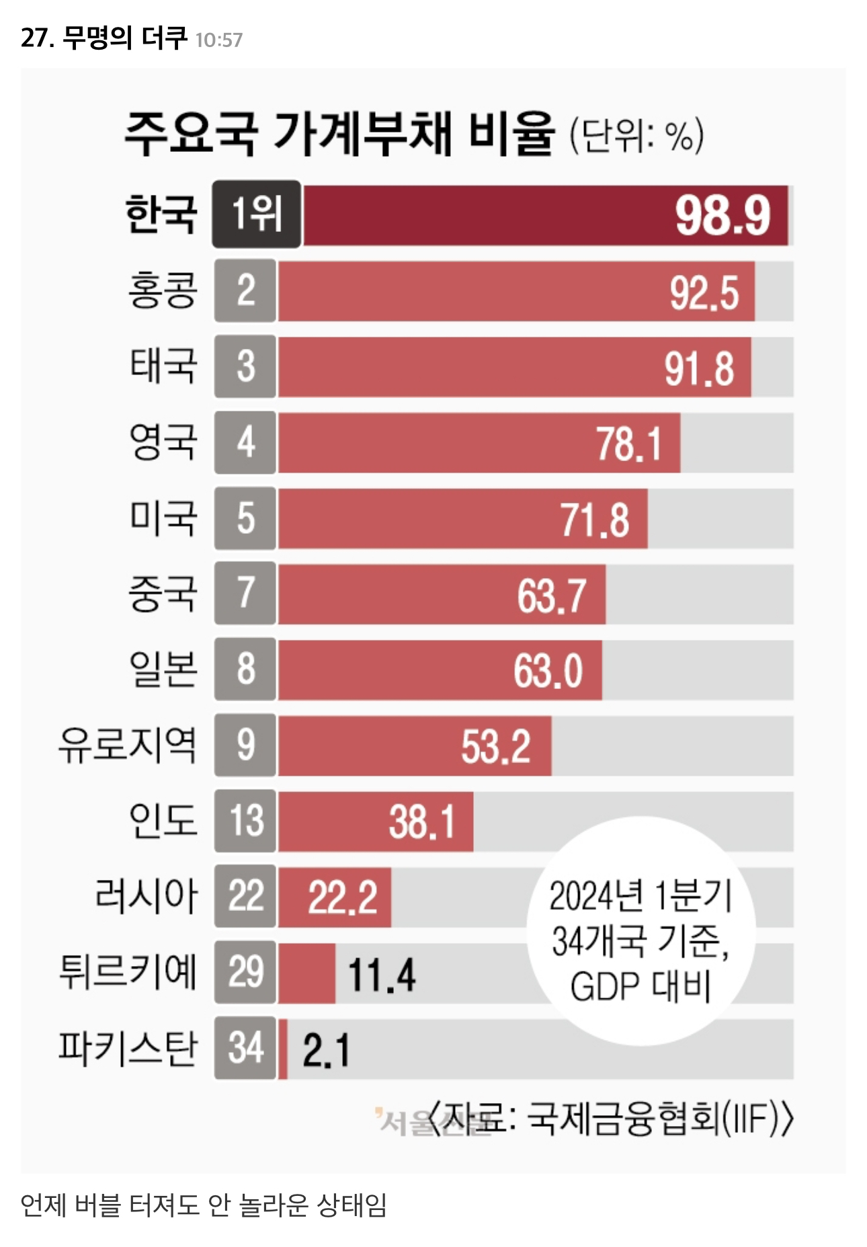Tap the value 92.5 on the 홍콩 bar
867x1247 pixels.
704,293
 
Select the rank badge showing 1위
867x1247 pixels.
257,214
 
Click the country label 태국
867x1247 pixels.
163,366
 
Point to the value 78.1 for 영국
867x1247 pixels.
629,444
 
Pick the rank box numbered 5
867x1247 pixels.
245,518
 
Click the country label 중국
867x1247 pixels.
163,594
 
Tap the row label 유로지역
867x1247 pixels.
128,746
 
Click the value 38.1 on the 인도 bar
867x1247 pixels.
422,822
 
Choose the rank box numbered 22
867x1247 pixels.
245,897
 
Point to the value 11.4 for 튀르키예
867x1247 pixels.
382,975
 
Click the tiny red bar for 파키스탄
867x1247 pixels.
283,1049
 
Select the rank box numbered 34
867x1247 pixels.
245,1049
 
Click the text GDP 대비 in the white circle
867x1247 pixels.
640,987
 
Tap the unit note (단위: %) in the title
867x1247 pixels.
636,136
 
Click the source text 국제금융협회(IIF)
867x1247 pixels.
659,1119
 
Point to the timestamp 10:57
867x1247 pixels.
219,40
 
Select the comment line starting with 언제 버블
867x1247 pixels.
204,1205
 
